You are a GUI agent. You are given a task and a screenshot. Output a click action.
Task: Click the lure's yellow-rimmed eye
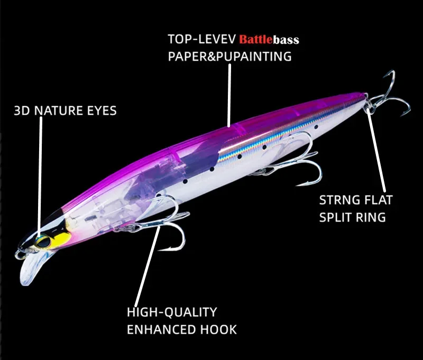43,242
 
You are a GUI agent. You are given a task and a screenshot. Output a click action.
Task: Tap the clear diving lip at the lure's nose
30,269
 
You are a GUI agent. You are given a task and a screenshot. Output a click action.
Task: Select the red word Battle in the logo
256,40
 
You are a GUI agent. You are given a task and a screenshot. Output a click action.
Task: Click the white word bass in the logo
286,40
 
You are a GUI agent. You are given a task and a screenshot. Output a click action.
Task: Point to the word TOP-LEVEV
202,39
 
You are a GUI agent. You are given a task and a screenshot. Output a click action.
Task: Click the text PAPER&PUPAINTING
230,57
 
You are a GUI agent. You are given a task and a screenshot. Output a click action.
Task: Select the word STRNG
339,200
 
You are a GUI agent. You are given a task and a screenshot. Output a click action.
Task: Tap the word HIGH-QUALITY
172,312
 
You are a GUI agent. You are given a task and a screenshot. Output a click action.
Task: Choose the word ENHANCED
162,329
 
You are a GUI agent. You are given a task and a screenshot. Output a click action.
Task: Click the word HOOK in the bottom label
218,329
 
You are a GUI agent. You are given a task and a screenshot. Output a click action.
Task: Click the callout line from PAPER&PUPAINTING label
229,95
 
